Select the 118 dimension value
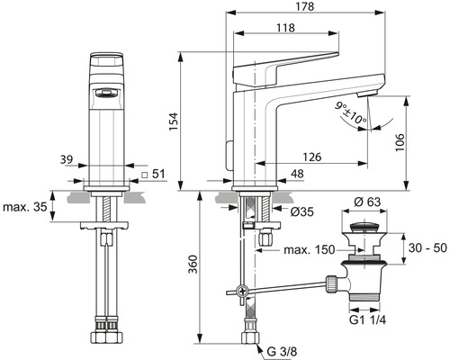[x=285, y=28]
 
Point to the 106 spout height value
[x=400, y=141]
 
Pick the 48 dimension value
[x=297, y=175]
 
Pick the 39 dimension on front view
[x=66, y=159]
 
